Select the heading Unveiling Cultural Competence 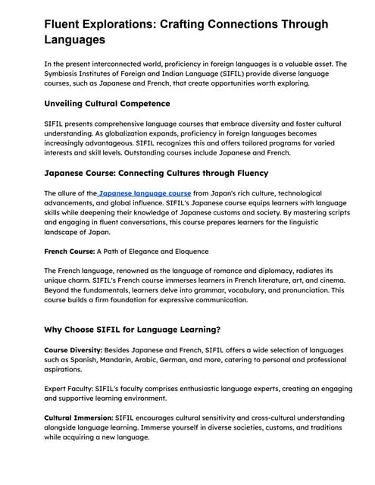(x=107, y=103)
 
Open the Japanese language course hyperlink (x=145, y=193)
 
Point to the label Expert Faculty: (x=72, y=387)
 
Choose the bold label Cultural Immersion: (x=79, y=418)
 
